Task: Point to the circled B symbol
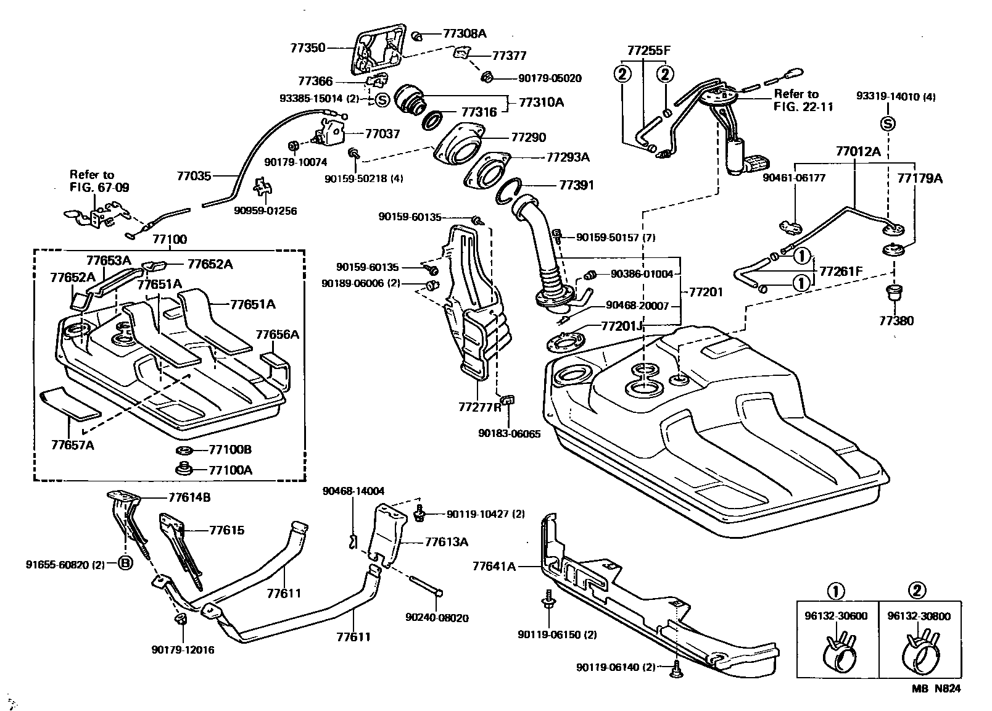tap(125, 564)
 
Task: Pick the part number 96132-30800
tap(919, 616)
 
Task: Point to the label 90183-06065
tap(509, 434)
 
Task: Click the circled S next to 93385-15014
tap(382, 99)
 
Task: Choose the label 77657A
tap(72, 444)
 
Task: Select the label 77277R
tap(480, 407)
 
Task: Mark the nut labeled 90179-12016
tap(180, 618)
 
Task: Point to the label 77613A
tap(447, 543)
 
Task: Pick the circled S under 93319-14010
tap(888, 123)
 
